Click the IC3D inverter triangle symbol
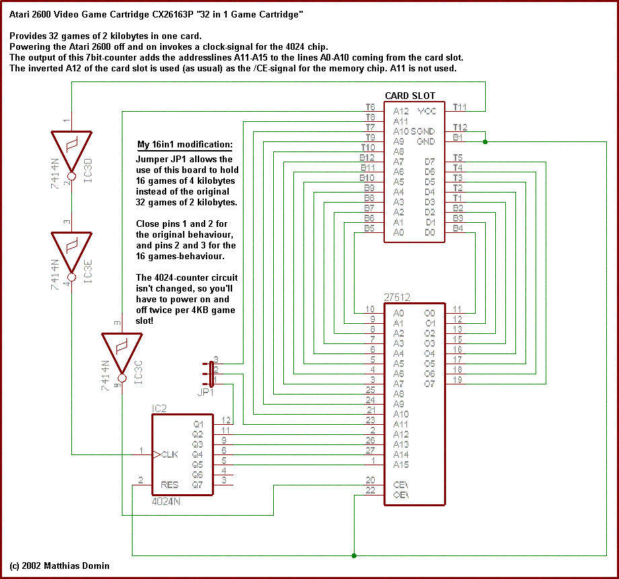[x=71, y=149]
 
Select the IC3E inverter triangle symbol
[x=71, y=248]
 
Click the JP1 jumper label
[x=205, y=391]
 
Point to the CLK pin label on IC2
[x=170, y=454]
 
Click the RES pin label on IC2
[x=170, y=485]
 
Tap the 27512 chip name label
[x=398, y=297]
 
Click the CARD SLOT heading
[x=410, y=96]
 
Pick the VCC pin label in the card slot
[x=427, y=111]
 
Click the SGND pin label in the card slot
[x=423, y=131]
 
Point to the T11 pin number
[x=460, y=107]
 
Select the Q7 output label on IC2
[x=198, y=485]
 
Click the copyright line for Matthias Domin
[x=59, y=566]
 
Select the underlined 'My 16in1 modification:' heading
[x=185, y=145]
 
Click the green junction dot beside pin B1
[x=485, y=141]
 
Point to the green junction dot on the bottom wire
[x=354, y=555]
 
